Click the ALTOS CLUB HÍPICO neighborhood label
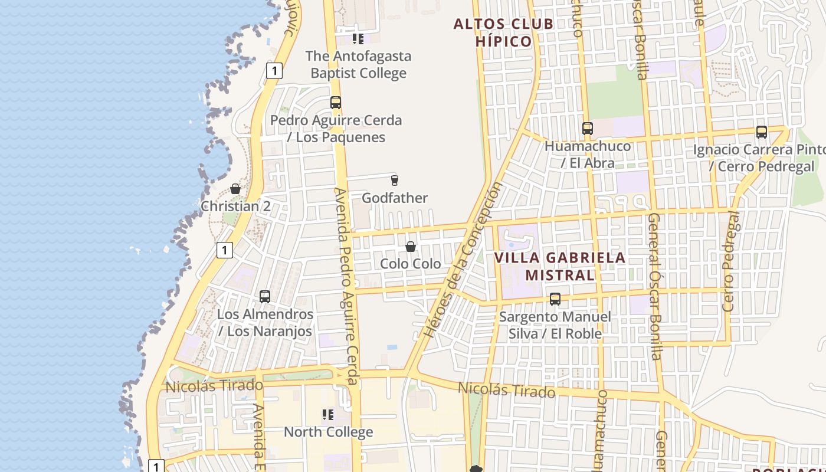[x=503, y=32]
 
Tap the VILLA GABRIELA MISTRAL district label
[x=559, y=266]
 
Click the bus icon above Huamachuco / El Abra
[x=587, y=128]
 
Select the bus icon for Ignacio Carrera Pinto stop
[x=762, y=132]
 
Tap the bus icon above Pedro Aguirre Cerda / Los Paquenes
[x=336, y=103]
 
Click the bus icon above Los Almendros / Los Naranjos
[x=265, y=296]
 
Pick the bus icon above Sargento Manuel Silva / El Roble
[x=555, y=299]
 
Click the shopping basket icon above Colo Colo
[x=411, y=247]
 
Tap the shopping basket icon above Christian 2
[x=235, y=189]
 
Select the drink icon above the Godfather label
[x=395, y=180]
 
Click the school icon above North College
[x=328, y=415]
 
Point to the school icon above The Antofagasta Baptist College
[x=358, y=39]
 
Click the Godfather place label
[x=395, y=198]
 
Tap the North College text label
[x=328, y=432]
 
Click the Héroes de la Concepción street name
[x=464, y=260]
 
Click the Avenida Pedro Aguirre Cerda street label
[x=347, y=286]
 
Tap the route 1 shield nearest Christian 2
[x=224, y=250]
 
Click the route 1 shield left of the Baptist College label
[x=274, y=71]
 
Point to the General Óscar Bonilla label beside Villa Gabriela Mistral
[x=655, y=286]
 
